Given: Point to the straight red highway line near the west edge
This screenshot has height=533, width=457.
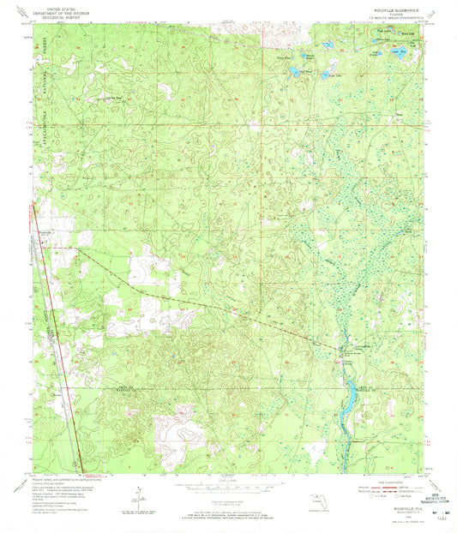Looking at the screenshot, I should click(x=60, y=343).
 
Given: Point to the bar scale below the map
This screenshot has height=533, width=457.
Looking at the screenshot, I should click(x=227, y=492).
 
